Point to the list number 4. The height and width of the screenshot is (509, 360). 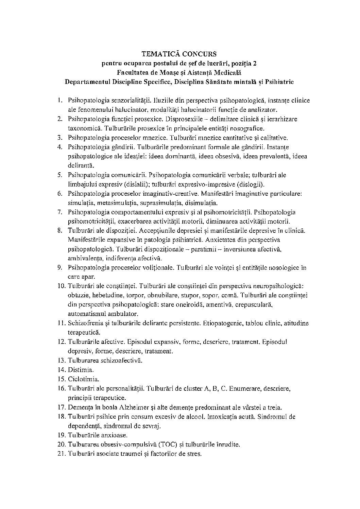pyautogui.click(x=59, y=147)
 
